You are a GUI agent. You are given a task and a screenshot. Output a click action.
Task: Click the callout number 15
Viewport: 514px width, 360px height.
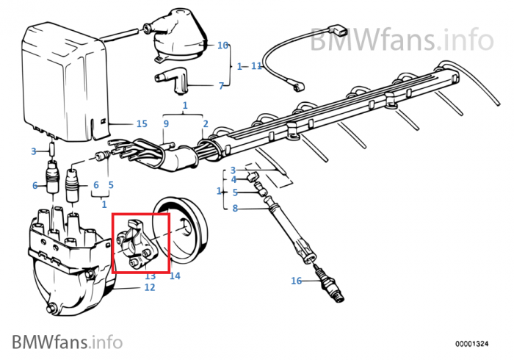pos(142,123)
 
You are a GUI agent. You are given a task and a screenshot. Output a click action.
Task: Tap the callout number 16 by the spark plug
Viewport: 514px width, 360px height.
pos(296,281)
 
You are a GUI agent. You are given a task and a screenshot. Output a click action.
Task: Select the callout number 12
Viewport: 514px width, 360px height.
pos(150,287)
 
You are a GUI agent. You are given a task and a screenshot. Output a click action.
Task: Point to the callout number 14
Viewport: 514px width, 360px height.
pos(175,276)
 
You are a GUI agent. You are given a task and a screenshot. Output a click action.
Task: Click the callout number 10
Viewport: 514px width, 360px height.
pos(222,46)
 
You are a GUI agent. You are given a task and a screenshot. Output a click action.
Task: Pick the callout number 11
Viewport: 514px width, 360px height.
pos(256,66)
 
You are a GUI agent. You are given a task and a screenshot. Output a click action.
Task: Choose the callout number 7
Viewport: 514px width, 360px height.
pos(221,86)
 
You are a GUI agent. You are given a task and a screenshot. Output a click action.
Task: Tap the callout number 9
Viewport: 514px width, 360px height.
pos(166,123)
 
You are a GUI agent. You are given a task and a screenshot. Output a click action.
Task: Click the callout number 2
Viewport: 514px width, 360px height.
pos(206,123)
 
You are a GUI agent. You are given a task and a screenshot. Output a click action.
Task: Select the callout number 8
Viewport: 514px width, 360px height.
pos(235,208)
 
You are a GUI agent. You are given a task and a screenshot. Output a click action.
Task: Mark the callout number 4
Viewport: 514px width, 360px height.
pos(234,179)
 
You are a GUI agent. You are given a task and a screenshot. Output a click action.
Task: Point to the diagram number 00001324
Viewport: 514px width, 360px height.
pos(471,344)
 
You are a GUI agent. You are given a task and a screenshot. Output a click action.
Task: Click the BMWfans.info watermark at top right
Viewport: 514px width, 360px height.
pos(402,40)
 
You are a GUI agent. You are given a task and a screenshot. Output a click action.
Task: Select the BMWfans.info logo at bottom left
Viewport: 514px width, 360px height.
pos(68,342)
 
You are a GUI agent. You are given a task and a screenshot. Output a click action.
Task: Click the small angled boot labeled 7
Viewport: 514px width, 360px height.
pos(170,82)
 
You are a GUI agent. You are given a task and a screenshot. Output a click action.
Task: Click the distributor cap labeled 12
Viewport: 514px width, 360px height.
pos(70,259)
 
